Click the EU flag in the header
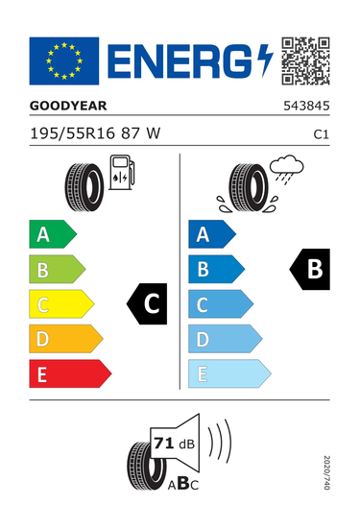[64, 60]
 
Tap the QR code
[305, 60]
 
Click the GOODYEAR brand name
[68, 106]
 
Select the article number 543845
[306, 106]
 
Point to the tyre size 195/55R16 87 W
[95, 133]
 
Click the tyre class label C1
[321, 134]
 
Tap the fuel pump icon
[122, 172]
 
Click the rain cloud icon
[286, 169]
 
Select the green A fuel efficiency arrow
[53, 234]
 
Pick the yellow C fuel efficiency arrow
[61, 303]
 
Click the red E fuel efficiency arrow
[70, 373]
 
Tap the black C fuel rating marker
[147, 303]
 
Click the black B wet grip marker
[310, 269]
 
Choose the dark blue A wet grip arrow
[212, 234]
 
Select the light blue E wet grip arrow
[229, 373]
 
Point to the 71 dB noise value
[174, 444]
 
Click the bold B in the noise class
[183, 483]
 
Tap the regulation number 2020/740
[326, 472]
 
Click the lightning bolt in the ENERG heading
[265, 60]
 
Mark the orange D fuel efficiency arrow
[66, 339]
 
